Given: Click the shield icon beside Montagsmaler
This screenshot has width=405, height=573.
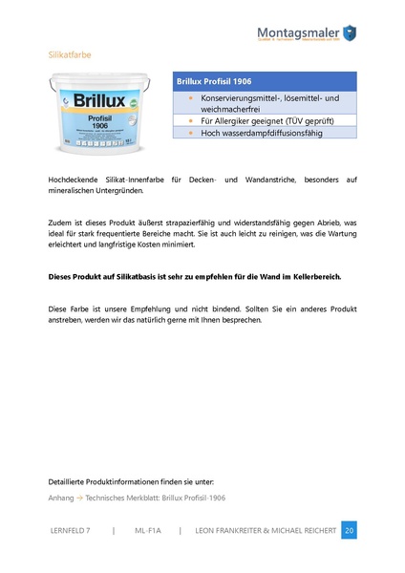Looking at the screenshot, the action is pyautogui.click(x=350, y=32).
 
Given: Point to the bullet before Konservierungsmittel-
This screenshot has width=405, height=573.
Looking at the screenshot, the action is pyautogui.click(x=189, y=98).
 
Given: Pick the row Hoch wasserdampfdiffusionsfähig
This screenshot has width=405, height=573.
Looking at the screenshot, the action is pyautogui.click(x=261, y=133).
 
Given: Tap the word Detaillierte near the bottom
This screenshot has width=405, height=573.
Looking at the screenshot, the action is pyautogui.click(x=72, y=481).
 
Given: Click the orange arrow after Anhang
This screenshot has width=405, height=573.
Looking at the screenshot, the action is pyautogui.click(x=79, y=498).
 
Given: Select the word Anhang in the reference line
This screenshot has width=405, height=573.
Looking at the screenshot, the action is pyautogui.click(x=60, y=498).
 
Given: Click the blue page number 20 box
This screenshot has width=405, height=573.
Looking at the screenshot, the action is pyautogui.click(x=349, y=531).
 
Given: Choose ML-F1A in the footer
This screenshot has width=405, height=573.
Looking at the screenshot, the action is pyautogui.click(x=147, y=531).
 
